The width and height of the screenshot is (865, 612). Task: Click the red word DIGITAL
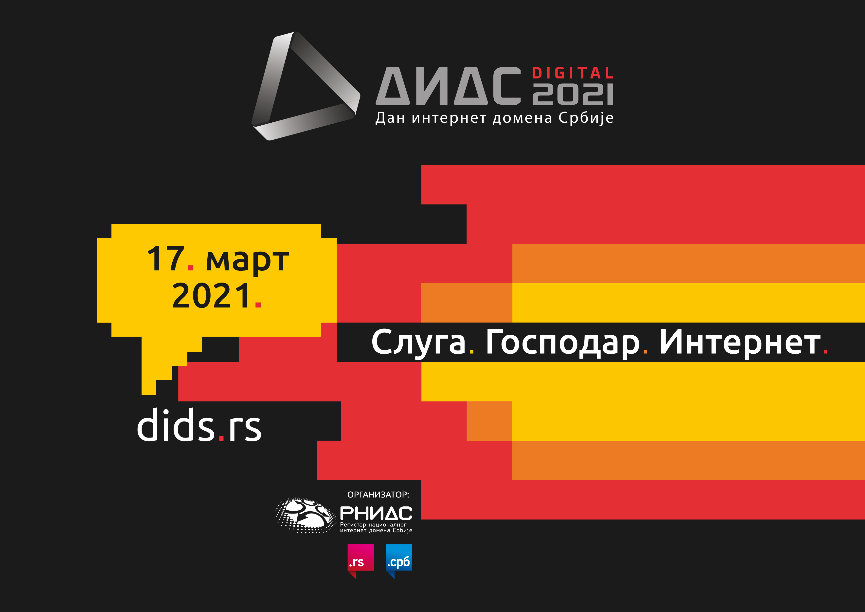tap(573, 73)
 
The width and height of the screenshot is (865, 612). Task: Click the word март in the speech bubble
tap(248, 261)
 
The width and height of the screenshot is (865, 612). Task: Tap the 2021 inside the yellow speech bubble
tap(211, 296)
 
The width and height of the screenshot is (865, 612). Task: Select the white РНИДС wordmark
tap(376, 513)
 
